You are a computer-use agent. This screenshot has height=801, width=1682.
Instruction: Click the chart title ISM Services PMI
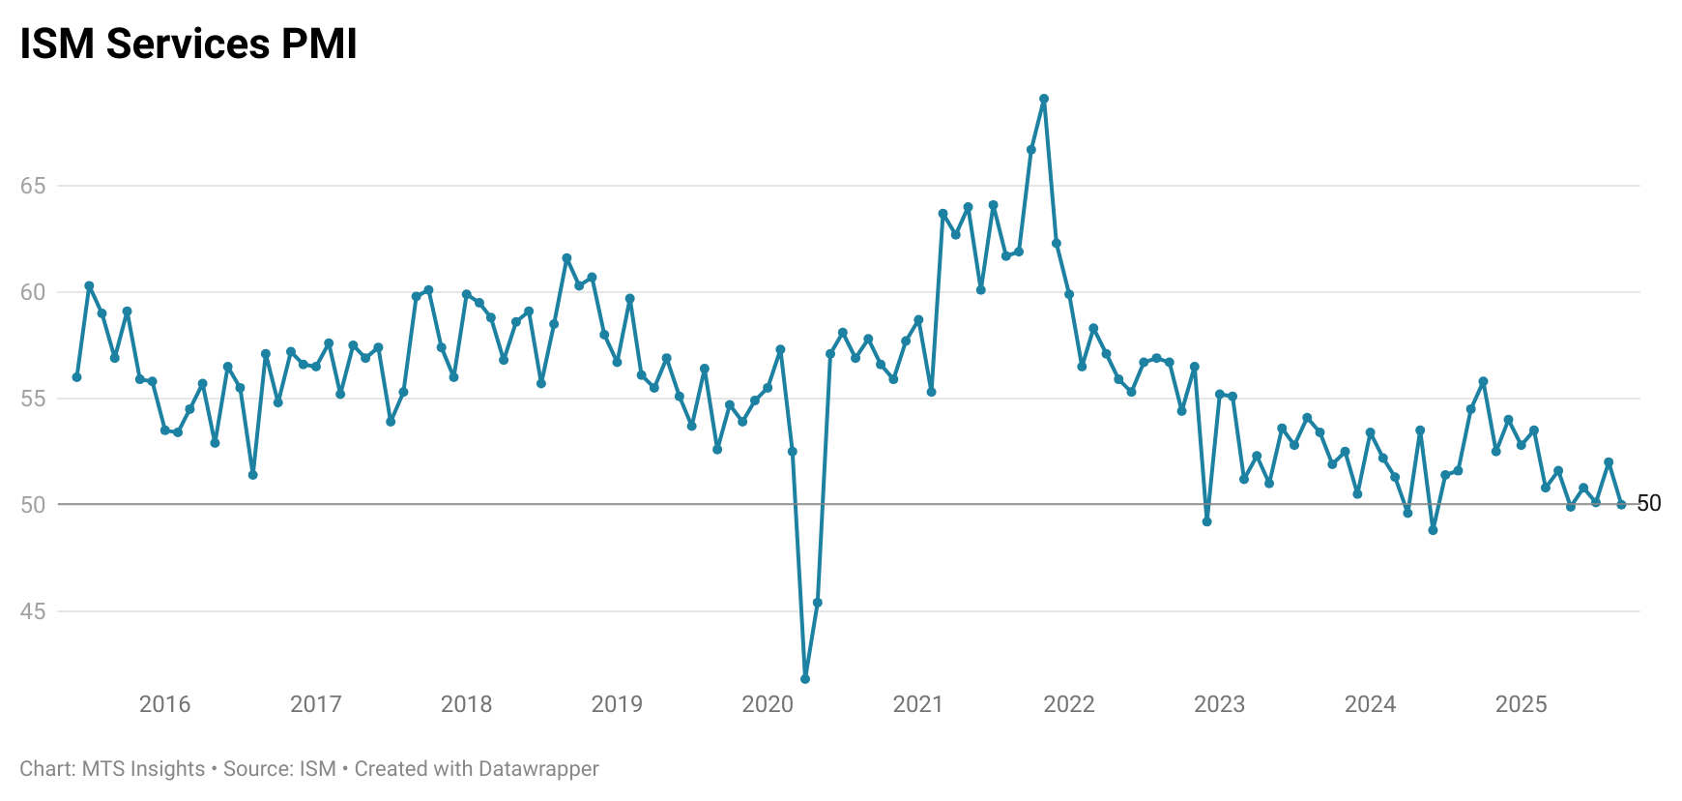tap(188, 44)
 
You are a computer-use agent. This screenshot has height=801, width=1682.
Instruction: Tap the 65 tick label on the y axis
tap(33, 186)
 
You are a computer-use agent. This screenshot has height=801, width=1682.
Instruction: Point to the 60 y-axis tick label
tap(33, 292)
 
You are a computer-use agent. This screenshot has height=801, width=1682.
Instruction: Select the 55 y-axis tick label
tap(33, 399)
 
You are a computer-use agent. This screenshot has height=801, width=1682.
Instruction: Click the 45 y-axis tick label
tap(33, 611)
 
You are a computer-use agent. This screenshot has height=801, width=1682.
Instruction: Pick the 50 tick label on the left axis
tap(33, 505)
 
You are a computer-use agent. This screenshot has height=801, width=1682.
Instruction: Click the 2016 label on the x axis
tap(164, 704)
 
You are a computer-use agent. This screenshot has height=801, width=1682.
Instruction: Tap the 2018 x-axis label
tap(466, 704)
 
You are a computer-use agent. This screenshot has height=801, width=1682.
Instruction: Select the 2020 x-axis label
tap(768, 704)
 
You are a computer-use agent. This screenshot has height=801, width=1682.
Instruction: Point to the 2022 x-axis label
tap(1069, 704)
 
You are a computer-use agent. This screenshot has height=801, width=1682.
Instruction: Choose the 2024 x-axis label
tap(1370, 704)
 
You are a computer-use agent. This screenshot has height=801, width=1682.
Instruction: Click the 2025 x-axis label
tap(1521, 704)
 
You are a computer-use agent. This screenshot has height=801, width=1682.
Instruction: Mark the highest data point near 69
tap(1044, 99)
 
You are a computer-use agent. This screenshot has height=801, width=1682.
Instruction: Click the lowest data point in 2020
tap(805, 679)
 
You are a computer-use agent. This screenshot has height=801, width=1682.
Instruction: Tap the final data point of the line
tap(1621, 504)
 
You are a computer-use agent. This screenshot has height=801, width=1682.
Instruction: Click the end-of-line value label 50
tap(1649, 503)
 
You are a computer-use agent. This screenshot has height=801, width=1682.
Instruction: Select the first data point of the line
tap(76, 377)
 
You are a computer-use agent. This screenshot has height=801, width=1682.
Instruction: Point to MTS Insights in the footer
tap(143, 769)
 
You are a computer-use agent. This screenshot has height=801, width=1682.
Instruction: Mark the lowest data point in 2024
tap(1433, 530)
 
